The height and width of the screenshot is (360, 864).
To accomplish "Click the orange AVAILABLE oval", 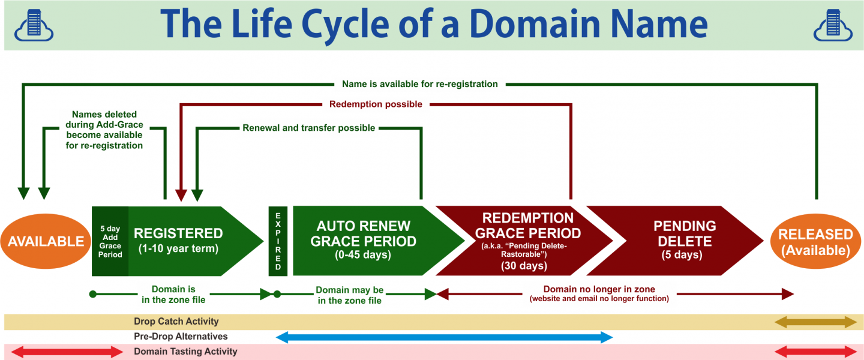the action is tap(46, 241).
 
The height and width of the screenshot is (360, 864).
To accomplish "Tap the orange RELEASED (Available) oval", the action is tap(815, 241).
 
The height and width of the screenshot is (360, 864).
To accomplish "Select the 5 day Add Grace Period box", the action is tap(110, 241).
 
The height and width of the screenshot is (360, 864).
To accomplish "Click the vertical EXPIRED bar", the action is tap(278, 241).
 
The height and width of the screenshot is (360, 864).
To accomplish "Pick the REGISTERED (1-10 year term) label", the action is tap(178, 241).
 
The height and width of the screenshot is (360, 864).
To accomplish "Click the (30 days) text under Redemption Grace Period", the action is tap(524, 265).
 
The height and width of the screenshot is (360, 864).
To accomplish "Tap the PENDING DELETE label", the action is tap(685, 233).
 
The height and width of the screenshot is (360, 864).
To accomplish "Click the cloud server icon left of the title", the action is tap(34, 25).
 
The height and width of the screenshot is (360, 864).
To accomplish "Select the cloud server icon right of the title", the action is tap(833, 25).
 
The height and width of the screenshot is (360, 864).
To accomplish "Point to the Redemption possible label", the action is tap(376, 104).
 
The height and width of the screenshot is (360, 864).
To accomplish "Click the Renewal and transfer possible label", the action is tap(308, 128).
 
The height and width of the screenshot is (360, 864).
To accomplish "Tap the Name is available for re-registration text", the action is tap(419, 84).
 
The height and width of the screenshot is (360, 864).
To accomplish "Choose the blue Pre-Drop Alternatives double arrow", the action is tap(445, 337).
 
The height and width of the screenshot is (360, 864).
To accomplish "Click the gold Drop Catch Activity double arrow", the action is tap(815, 322).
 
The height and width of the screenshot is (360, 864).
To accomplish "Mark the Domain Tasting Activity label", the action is tap(185, 352).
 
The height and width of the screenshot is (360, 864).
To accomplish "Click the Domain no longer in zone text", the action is tap(599, 289).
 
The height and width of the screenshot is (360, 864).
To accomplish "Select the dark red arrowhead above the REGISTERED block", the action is tap(181, 195).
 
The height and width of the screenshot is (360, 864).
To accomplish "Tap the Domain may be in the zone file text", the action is tap(349, 295).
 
